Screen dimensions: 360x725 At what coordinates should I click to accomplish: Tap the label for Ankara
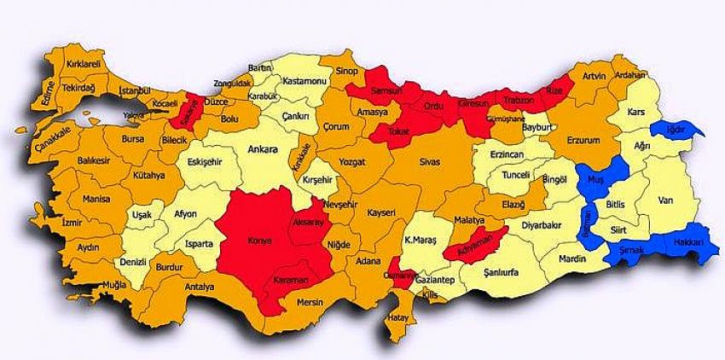(262, 150)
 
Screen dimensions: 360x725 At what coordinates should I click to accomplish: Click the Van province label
(667, 201)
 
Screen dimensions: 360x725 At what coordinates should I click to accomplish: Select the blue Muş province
(594, 180)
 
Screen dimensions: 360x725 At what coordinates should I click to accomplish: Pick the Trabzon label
(518, 101)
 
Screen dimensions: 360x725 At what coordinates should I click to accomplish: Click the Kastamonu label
(304, 79)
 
